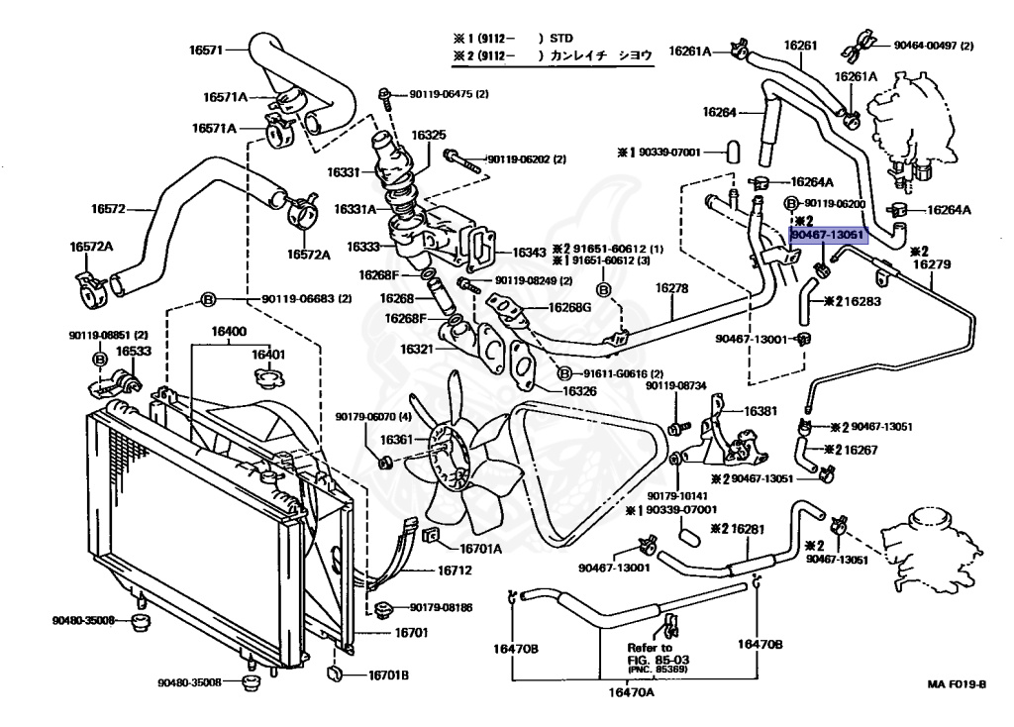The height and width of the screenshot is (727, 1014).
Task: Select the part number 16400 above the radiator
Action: click(229, 331)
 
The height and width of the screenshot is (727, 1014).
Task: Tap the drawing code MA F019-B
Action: click(958, 684)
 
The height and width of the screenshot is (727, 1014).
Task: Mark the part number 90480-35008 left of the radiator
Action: click(84, 620)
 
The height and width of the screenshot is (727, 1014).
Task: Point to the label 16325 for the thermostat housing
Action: click(429, 135)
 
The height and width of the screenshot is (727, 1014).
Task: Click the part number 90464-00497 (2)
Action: click(933, 46)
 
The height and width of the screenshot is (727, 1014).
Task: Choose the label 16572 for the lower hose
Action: click(110, 208)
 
